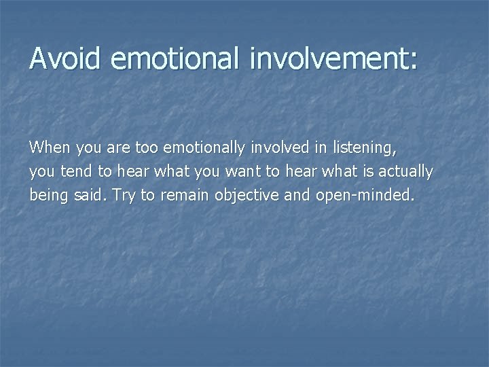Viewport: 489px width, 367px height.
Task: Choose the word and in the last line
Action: tap(296, 196)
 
